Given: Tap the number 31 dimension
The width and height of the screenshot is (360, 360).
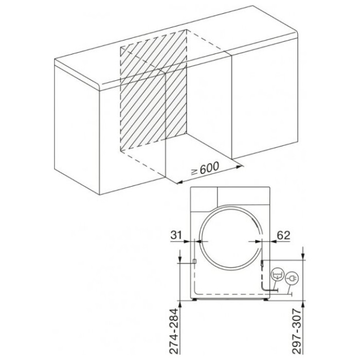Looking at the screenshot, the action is click(x=176, y=235).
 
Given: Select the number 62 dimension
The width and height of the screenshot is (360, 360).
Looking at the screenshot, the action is click(x=283, y=235).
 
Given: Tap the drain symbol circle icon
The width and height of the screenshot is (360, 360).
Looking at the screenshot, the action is click(x=278, y=275).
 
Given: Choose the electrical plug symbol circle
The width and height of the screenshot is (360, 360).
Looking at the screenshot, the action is click(x=292, y=279).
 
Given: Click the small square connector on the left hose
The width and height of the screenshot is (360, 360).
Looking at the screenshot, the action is click(x=194, y=261).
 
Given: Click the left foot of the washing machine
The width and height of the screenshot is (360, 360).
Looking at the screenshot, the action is click(x=194, y=299).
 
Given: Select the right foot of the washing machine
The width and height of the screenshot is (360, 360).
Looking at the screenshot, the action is click(x=266, y=299).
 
